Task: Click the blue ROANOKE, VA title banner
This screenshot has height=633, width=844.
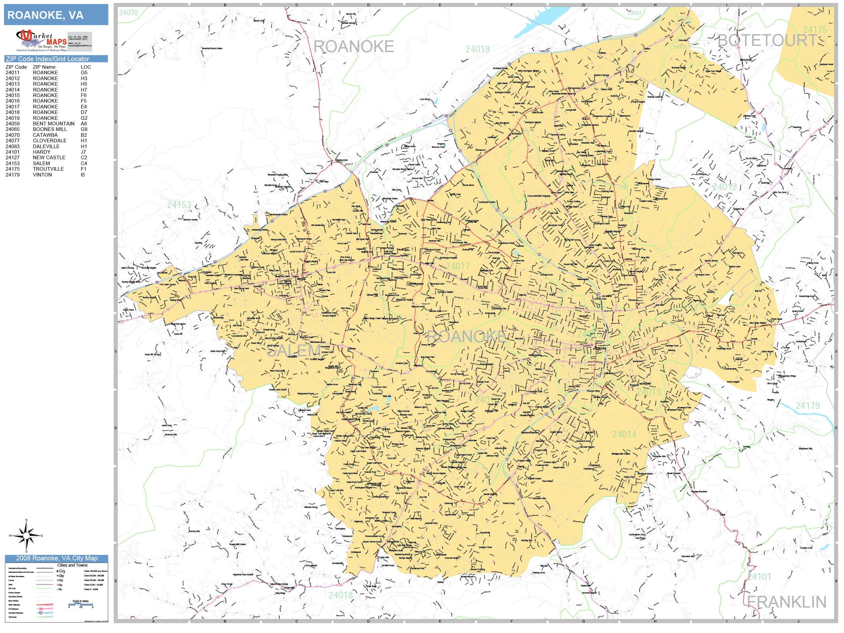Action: tap(56, 15)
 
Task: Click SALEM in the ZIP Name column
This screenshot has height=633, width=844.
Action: tap(41, 163)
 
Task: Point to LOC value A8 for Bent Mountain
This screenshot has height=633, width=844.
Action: tap(84, 124)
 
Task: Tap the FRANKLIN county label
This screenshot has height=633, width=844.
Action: tap(786, 602)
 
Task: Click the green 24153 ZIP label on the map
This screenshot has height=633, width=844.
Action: tap(179, 205)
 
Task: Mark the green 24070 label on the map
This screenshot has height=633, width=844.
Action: tap(128, 13)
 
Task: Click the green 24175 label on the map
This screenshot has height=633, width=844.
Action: tap(815, 30)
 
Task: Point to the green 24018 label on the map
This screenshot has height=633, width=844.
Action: tap(340, 595)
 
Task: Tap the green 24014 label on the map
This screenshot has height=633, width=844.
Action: tap(624, 434)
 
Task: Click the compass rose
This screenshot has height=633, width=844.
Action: tap(26, 536)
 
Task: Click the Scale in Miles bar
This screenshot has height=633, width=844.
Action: tap(80, 604)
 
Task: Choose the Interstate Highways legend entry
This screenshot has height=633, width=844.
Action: tap(16, 613)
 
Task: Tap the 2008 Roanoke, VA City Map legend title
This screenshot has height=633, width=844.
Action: tap(56, 558)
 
